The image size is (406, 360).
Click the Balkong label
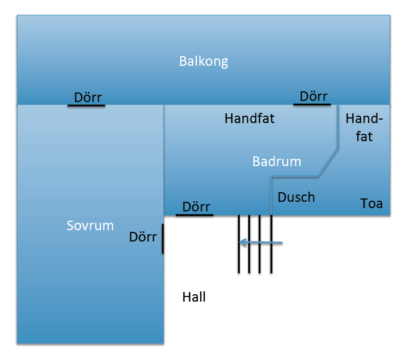tap(204, 61)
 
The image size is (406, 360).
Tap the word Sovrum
tap(90, 226)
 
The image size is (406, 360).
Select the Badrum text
tap(277, 162)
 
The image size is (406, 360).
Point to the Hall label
tap(194, 297)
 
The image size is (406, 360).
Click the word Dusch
tap(296, 197)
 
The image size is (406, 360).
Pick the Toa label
tap(372, 203)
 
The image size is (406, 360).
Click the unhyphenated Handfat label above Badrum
tap(249, 118)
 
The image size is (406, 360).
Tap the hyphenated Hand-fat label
tap(364, 128)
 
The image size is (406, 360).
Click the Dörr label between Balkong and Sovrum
tap(88, 96)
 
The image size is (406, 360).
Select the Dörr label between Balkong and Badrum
tap(314, 96)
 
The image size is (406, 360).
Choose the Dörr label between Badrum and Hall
tap(196, 207)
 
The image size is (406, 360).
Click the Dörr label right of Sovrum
tap(143, 236)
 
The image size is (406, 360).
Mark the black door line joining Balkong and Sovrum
tap(86, 105)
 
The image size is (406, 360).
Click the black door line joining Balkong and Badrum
tap(312, 104)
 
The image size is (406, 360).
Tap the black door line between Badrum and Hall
tap(195, 215)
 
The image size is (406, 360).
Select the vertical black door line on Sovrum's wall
tap(163, 239)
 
